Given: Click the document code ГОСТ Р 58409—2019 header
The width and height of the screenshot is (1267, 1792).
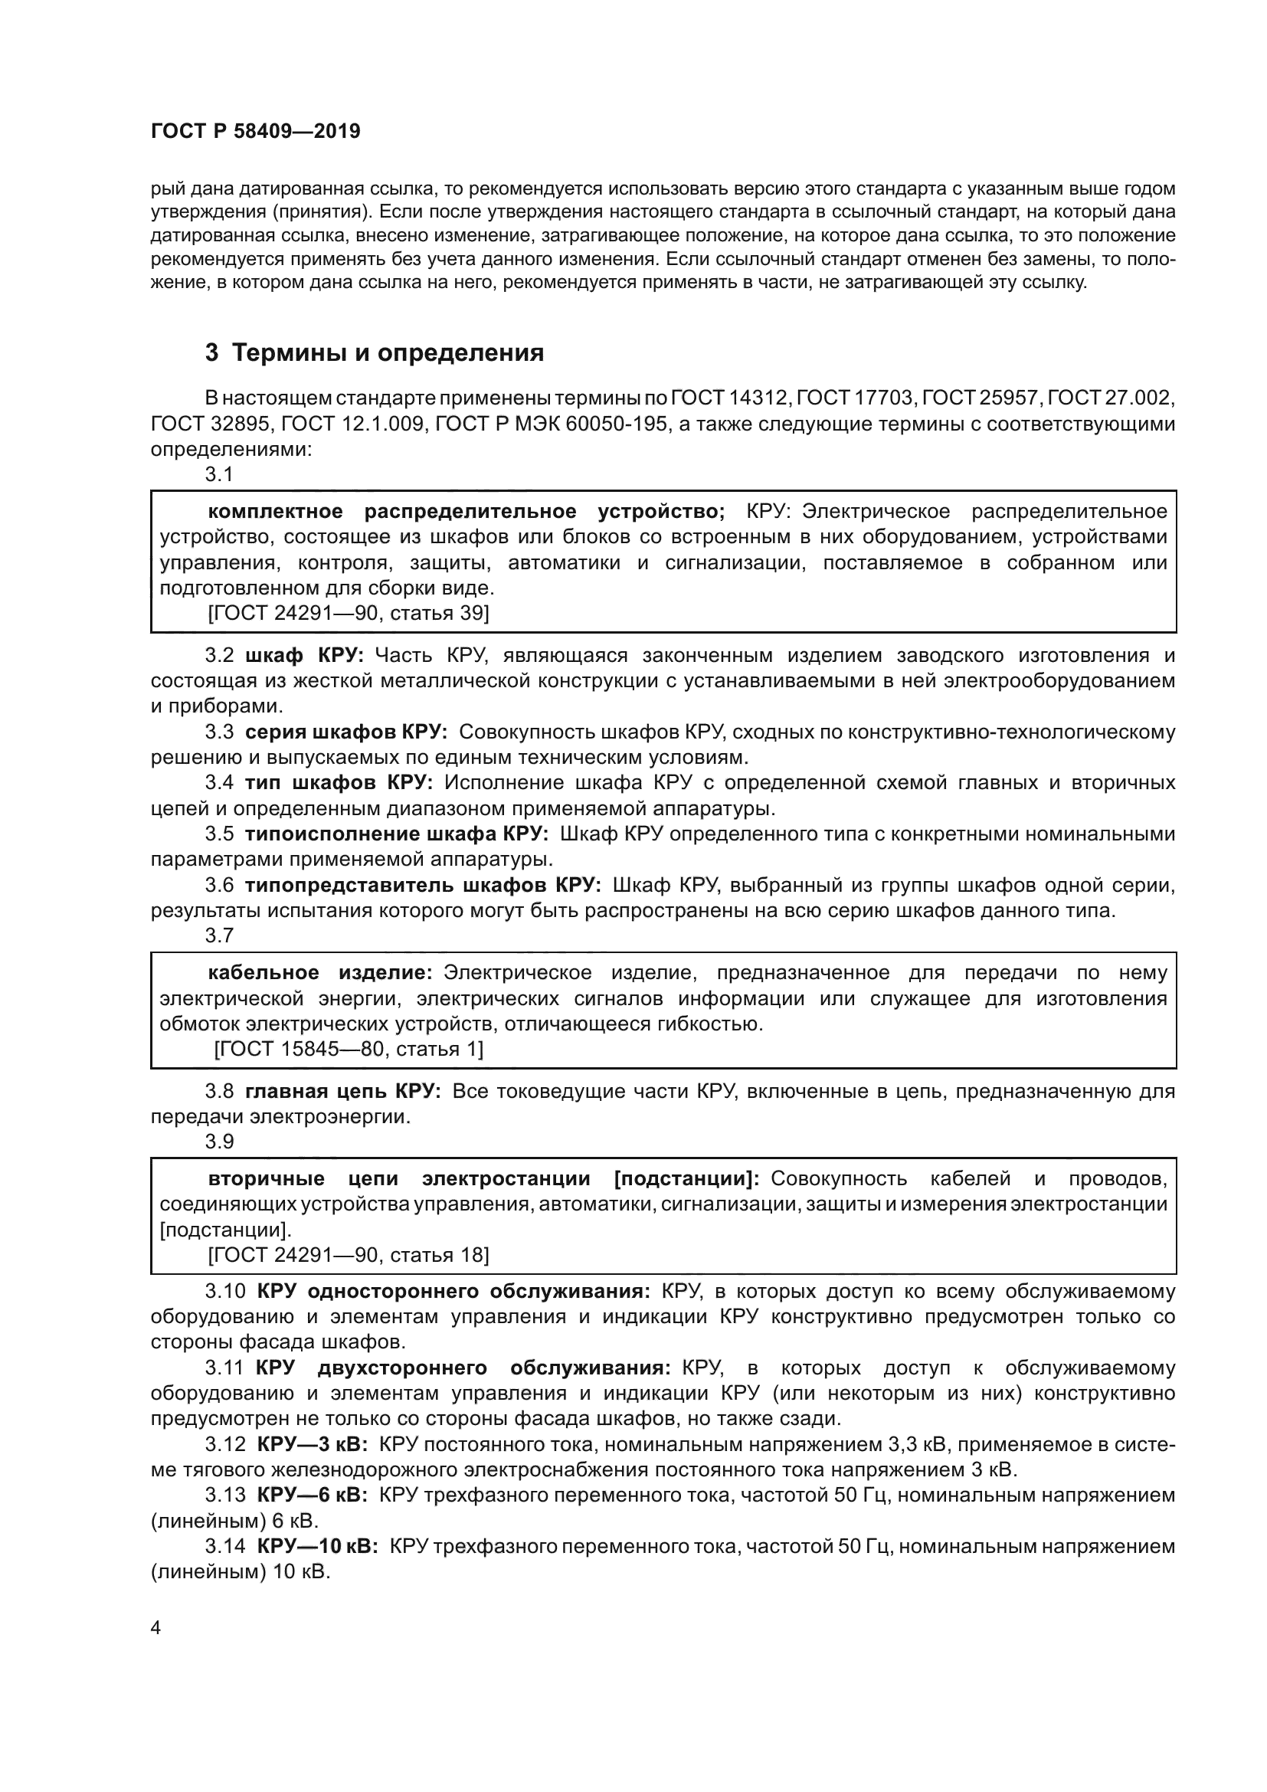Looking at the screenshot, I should pyautogui.click(x=255, y=131).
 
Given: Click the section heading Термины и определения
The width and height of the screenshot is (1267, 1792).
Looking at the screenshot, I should pyautogui.click(x=374, y=352).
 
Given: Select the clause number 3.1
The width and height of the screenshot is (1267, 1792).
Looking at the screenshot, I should pyautogui.click(x=219, y=473).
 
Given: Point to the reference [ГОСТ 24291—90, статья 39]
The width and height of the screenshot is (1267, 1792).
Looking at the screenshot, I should pyautogui.click(x=349, y=613).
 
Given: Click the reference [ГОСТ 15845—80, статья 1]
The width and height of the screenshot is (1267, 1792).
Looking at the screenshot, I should pyautogui.click(x=349, y=1049).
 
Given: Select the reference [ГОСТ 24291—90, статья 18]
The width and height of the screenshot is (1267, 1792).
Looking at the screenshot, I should pyautogui.click(x=349, y=1255).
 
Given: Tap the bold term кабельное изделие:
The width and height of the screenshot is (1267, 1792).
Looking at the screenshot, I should pyautogui.click(x=320, y=972).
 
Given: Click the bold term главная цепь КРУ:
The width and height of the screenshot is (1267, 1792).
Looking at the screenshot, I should pyautogui.click(x=343, y=1091).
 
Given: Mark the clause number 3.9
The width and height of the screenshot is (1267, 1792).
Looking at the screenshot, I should pyautogui.click(x=219, y=1141).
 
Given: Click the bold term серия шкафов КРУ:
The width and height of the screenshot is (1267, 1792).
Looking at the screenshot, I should pyautogui.click(x=345, y=732).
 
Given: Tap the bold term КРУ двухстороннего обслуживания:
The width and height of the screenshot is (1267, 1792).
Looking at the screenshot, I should pyautogui.click(x=463, y=1368).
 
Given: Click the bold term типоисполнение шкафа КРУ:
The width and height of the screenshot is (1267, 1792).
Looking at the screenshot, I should pyautogui.click(x=396, y=834).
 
